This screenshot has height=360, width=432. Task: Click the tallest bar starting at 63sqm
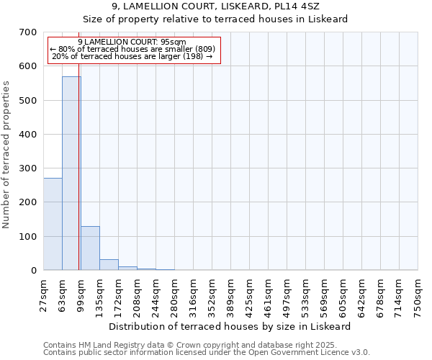[x=71, y=173]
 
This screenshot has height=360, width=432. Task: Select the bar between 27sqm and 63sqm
[x=53, y=224]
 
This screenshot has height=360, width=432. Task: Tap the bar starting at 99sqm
[x=90, y=248]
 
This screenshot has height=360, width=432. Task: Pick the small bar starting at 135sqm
[x=109, y=265]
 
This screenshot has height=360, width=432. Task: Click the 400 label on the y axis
[x=28, y=135]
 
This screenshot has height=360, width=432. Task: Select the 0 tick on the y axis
[x=33, y=271]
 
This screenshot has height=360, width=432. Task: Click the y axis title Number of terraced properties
[x=7, y=155]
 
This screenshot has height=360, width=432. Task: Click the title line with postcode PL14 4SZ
[x=230, y=6]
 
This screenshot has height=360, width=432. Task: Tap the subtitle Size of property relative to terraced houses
[x=230, y=19]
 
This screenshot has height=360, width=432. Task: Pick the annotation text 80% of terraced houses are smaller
[x=132, y=50]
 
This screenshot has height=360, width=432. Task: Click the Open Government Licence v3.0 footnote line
[x=207, y=353]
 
